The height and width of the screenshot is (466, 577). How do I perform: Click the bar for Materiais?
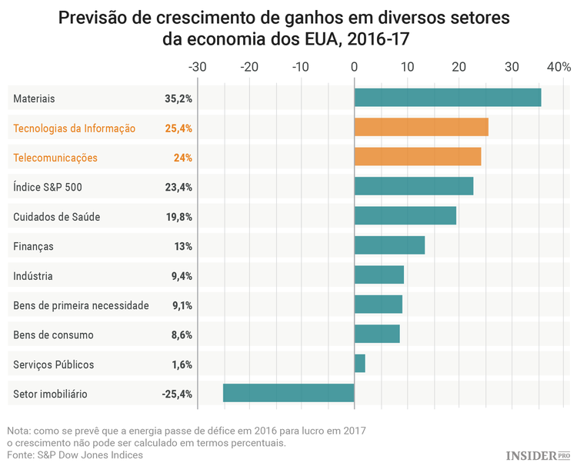pyautogui.click(x=448, y=98)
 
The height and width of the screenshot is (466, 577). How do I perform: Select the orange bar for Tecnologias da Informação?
pyautogui.click(x=421, y=128)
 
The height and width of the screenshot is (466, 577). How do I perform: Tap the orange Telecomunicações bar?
pyautogui.click(x=418, y=157)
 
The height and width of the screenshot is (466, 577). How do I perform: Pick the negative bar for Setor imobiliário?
pyautogui.click(x=288, y=393)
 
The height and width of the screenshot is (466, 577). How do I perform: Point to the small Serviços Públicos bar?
pyautogui.click(x=359, y=364)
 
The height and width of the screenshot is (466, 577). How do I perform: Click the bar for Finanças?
pyautogui.click(x=389, y=245)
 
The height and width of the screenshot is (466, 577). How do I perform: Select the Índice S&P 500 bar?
pyautogui.click(x=414, y=186)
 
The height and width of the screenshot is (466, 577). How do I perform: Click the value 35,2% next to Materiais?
pyautogui.click(x=178, y=98)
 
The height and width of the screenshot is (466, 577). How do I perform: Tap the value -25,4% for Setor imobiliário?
pyautogui.click(x=177, y=394)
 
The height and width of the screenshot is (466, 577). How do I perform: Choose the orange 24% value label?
pyautogui.click(x=182, y=158)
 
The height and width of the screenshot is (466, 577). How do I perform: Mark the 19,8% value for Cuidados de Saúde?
pyautogui.click(x=178, y=217)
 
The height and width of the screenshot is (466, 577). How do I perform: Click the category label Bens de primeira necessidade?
pyautogui.click(x=81, y=305)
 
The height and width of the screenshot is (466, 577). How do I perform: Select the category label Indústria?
pyautogui.click(x=33, y=275)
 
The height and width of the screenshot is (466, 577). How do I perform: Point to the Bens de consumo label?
pyautogui.click(x=53, y=335)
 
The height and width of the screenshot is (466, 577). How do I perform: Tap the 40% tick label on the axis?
pyautogui.click(x=557, y=68)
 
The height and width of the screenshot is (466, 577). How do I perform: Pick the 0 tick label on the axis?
pyautogui.click(x=354, y=68)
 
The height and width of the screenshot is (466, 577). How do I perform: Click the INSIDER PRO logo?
pyautogui.click(x=537, y=455)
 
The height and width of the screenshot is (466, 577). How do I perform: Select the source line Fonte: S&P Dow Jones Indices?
pyautogui.click(x=75, y=454)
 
